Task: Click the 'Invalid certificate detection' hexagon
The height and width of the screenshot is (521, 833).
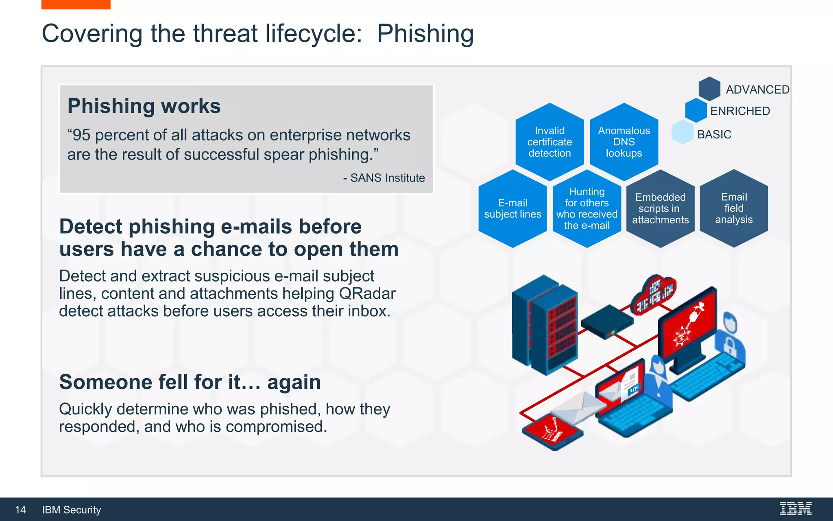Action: click(550, 142)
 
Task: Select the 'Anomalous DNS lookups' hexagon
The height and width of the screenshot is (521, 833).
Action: click(624, 142)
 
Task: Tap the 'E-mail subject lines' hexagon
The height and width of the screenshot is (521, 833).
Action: click(512, 209)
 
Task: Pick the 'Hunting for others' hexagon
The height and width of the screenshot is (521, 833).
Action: click(587, 209)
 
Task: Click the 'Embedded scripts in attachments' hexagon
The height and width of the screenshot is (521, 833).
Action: click(660, 209)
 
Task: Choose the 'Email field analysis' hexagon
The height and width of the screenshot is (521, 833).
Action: click(734, 208)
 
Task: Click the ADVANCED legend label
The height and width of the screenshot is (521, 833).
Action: click(757, 90)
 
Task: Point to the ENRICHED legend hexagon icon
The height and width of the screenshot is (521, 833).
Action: click(696, 110)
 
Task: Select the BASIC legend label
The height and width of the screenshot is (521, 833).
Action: click(714, 134)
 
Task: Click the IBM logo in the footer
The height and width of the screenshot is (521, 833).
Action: click(796, 509)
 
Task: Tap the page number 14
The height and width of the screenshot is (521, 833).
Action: click(20, 510)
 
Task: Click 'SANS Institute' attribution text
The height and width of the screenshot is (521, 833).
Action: click(387, 178)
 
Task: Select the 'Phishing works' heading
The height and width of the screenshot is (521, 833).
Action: click(144, 106)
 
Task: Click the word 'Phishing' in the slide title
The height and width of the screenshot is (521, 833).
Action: click(425, 33)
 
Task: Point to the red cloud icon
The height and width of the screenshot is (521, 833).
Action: click(654, 294)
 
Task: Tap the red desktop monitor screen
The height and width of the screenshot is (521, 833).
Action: click(687, 322)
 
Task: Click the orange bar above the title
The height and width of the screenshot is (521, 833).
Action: click(76, 4)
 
